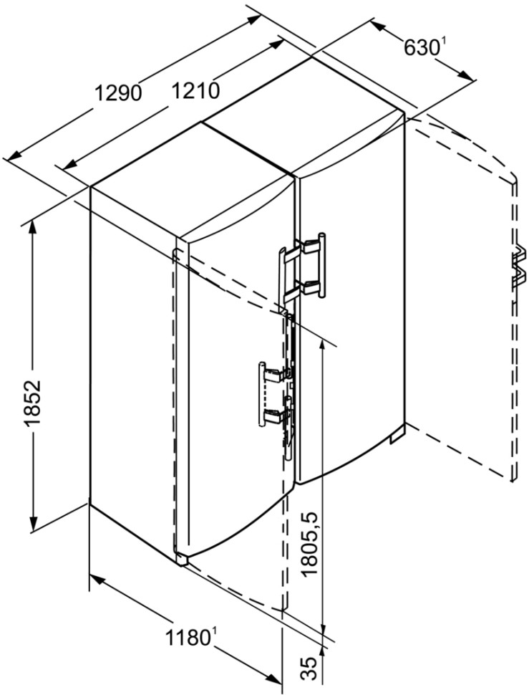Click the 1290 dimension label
tap(119, 93)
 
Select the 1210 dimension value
tap(195, 91)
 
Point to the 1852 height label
tap(34, 403)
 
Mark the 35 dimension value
tap(311, 669)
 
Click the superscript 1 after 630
tap(441, 42)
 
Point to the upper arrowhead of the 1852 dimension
tap(33, 229)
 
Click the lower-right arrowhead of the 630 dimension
tap(466, 75)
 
